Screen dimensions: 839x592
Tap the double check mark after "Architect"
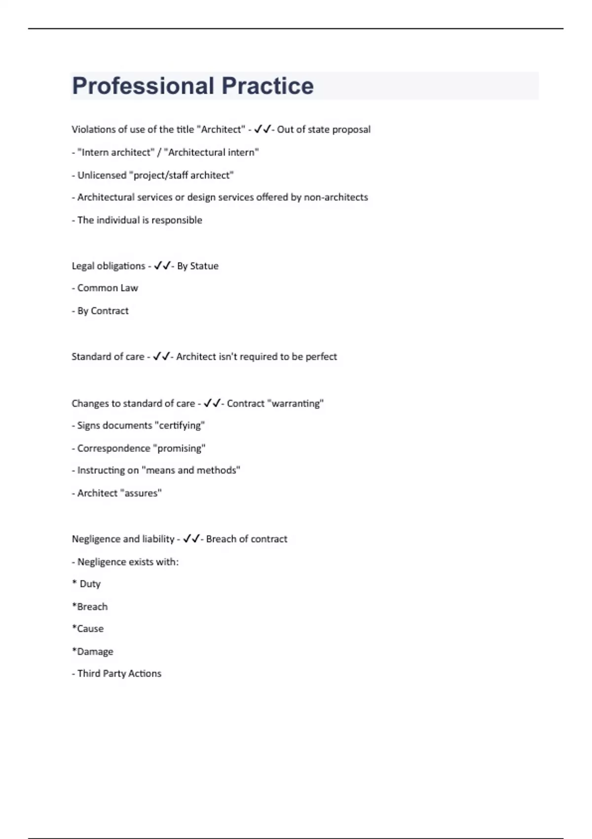(262, 129)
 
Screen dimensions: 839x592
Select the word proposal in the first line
(351, 130)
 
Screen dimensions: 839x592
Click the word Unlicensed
(102, 175)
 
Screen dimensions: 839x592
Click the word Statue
(204, 266)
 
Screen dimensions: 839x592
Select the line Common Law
(108, 288)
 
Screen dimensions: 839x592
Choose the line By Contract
(103, 311)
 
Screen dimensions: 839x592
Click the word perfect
(321, 357)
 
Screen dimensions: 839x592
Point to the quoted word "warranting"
(296, 404)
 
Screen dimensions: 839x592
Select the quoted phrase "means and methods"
(191, 470)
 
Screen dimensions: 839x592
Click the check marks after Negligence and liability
(191, 539)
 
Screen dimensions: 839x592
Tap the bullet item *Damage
(93, 651)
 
